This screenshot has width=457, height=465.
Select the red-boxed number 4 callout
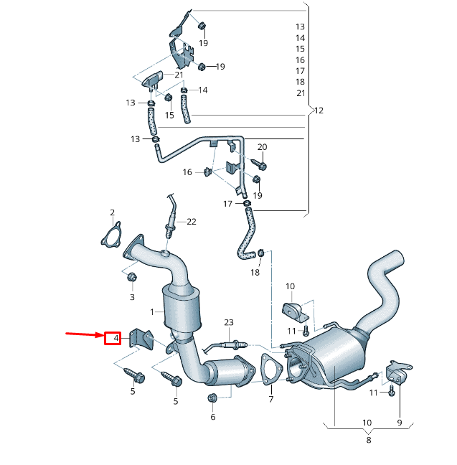click(x=113, y=337)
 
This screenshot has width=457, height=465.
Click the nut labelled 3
click(x=132, y=278)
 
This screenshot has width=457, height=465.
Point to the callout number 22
click(x=192, y=222)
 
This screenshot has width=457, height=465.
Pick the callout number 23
click(x=229, y=322)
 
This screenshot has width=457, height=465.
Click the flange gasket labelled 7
click(x=270, y=367)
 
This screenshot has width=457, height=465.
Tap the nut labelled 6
click(x=212, y=398)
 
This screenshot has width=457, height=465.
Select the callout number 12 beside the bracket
click(x=319, y=111)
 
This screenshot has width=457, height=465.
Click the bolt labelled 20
click(x=261, y=166)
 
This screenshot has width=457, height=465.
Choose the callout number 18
click(x=255, y=273)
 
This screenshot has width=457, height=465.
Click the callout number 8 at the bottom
click(x=368, y=440)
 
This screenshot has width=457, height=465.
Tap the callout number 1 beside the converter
click(x=152, y=312)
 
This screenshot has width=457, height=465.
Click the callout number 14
click(x=203, y=90)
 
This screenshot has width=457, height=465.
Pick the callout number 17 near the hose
click(x=227, y=204)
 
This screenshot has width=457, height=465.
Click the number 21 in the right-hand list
click(x=300, y=93)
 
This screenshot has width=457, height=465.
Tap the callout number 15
click(x=169, y=115)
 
